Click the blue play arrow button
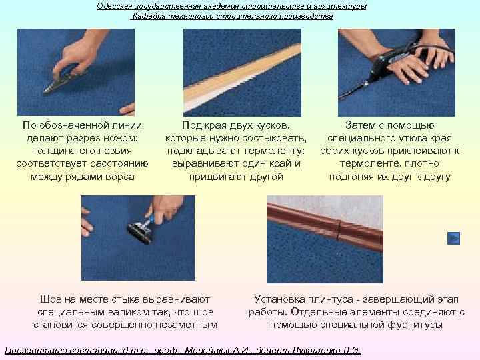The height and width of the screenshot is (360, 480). (x=454, y=238)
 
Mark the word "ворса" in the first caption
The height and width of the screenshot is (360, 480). (x=120, y=177)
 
